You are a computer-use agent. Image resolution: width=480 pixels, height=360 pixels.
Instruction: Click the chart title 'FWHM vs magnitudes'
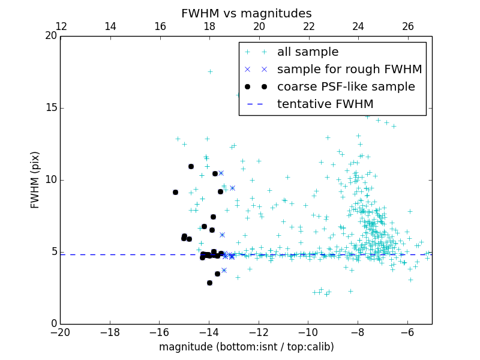(246, 13)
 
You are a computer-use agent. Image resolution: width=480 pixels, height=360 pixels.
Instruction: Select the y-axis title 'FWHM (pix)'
(35, 180)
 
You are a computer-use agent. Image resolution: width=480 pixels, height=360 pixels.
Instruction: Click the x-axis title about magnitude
(246, 347)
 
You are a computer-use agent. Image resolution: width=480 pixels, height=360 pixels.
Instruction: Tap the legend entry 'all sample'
(308, 52)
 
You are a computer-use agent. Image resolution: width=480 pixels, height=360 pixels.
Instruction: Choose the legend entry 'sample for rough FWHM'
(349, 70)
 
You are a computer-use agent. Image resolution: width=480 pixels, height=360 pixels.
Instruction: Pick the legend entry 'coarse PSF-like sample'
(346, 87)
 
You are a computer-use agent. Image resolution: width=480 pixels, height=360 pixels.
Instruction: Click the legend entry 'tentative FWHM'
(325, 104)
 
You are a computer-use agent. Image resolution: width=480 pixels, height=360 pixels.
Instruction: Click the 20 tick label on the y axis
(51, 36)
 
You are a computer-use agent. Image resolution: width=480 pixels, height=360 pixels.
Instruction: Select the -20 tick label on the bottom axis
(60, 332)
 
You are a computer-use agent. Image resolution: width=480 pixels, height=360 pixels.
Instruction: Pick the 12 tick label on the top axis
(61, 26)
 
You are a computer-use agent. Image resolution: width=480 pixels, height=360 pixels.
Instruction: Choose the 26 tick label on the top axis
(407, 26)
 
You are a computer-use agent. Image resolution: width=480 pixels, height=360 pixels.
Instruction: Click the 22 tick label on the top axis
(308, 26)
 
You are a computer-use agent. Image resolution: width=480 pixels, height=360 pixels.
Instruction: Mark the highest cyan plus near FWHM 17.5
(210, 71)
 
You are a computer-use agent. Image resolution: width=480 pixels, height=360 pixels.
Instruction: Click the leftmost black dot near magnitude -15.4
(175, 192)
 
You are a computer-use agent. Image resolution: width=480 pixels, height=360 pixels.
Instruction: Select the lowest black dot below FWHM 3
(209, 283)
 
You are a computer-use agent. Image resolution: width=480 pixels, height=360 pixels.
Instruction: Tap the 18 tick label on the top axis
(209, 26)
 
